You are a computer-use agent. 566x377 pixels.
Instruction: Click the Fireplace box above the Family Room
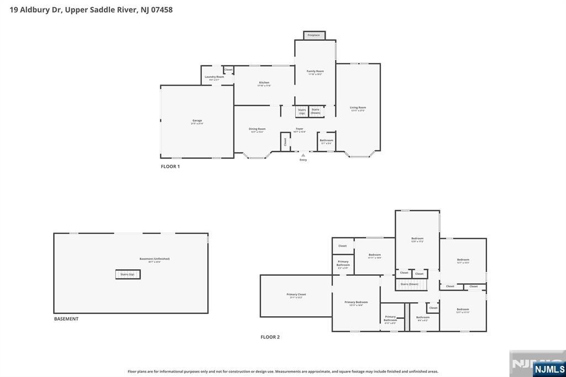pyautogui.click(x=314, y=35)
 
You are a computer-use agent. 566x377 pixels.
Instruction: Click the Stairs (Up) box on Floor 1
pyautogui.click(x=302, y=111)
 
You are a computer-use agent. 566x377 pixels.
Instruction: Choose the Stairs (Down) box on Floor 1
pyautogui.click(x=316, y=111)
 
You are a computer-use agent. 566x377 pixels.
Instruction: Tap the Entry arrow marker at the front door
pyautogui.click(x=303, y=155)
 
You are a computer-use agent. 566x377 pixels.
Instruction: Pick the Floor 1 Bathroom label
pyautogui.click(x=326, y=141)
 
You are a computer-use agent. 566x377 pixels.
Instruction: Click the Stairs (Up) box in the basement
pyautogui.click(x=128, y=274)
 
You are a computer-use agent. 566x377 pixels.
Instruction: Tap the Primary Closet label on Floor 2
pyautogui.click(x=296, y=295)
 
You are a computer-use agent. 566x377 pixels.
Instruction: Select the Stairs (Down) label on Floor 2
pyautogui.click(x=410, y=284)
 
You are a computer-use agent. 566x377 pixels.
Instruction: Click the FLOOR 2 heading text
pyautogui.click(x=270, y=337)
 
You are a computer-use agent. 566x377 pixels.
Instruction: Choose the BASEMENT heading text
pyautogui.click(x=66, y=319)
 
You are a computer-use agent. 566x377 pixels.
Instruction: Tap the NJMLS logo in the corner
pyautogui.click(x=549, y=369)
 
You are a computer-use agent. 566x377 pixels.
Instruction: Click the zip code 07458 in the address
pyautogui.click(x=161, y=9)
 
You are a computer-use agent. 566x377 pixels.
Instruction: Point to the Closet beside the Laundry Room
pyautogui.click(x=228, y=70)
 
